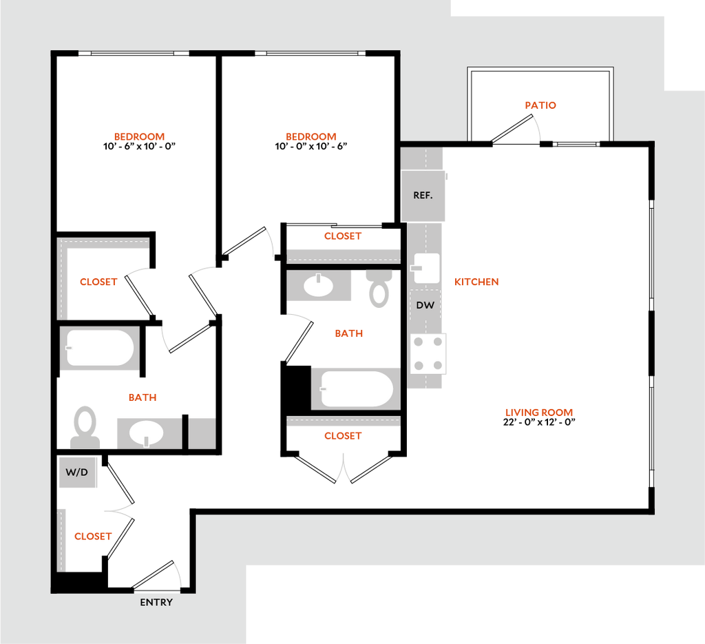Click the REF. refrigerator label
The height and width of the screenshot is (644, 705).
coord(423,196)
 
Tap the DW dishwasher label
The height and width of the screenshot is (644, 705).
coord(425,305)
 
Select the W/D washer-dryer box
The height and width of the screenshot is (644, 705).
coord(78,472)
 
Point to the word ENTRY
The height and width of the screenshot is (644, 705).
coord(156,603)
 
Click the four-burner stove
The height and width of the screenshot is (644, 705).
coord(428,353)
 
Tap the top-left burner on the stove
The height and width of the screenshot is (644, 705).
coord(418,342)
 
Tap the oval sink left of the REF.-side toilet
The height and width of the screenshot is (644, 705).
coord(319,285)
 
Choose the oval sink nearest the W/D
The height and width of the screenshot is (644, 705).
coord(147,433)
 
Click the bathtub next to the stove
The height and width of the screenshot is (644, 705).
coord(356,388)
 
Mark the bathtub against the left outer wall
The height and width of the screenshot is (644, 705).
coord(100,349)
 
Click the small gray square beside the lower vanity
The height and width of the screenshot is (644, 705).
coord(202,433)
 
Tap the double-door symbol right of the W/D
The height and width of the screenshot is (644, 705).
coord(118,511)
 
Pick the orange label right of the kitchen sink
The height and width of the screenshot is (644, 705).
coord(476,282)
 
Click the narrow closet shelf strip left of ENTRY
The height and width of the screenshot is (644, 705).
coord(62,539)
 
